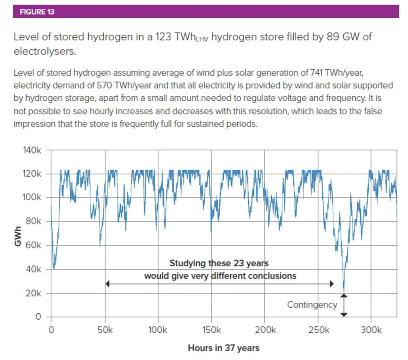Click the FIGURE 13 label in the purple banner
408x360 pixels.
pos(33,12)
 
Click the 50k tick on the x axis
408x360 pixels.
pos(105,329)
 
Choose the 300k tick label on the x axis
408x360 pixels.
pos(371,329)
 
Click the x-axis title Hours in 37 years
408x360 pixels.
pos(223,348)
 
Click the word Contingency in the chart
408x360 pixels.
pos(312,305)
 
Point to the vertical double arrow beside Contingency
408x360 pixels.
pos(344,305)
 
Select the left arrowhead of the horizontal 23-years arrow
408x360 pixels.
pos(108,284)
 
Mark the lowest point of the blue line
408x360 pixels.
pos(344,292)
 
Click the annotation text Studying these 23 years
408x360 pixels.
pos(218,263)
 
